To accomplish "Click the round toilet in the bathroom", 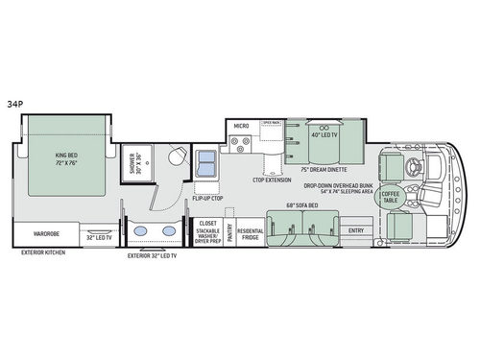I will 176,158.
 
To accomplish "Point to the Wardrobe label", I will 47,232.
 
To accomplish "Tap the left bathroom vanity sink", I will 140,232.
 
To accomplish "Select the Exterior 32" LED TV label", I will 154,256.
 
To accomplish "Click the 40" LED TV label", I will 322,134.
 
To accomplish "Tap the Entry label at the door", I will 356,230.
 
